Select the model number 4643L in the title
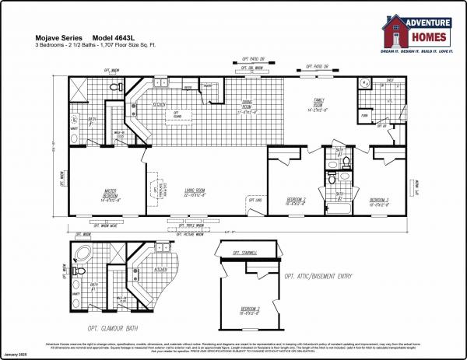119,37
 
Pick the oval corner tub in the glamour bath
80,254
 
